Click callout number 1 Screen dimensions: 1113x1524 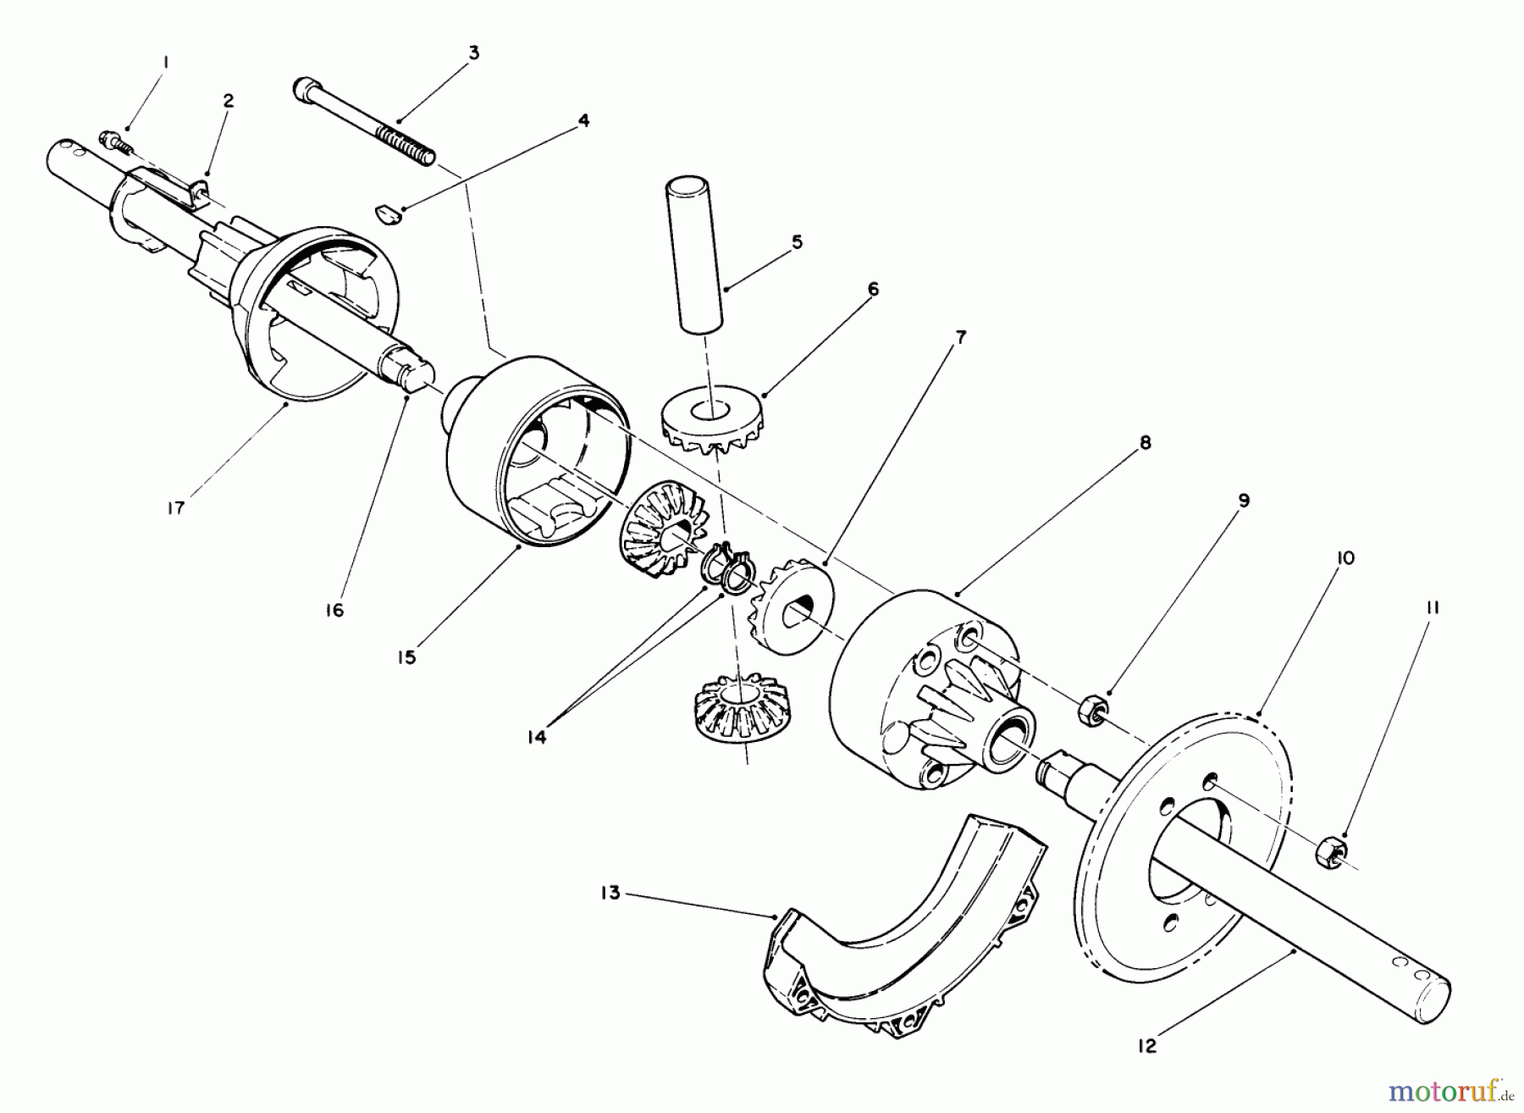167,62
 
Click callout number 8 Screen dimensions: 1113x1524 1145,442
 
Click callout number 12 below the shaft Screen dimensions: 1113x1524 1146,1047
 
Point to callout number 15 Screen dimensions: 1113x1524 407,656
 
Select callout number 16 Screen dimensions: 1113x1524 334,610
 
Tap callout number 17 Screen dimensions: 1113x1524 175,508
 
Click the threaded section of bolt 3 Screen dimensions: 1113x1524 405,142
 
